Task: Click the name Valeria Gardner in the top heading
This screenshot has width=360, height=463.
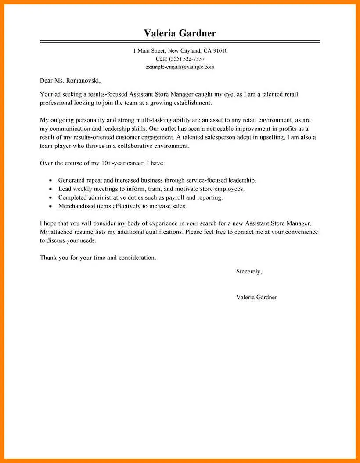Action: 180,33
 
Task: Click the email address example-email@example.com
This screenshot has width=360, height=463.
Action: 180,67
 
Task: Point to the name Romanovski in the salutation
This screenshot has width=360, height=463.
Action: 84,80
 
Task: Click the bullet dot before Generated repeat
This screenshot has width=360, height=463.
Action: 51,181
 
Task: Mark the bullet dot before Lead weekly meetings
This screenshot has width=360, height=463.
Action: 51,189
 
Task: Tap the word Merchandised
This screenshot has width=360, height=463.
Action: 77,206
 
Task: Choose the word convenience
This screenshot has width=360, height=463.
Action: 301,232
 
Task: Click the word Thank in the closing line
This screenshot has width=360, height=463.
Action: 48,258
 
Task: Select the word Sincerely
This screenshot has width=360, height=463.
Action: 248,271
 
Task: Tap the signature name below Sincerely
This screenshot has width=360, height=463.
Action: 256,297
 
